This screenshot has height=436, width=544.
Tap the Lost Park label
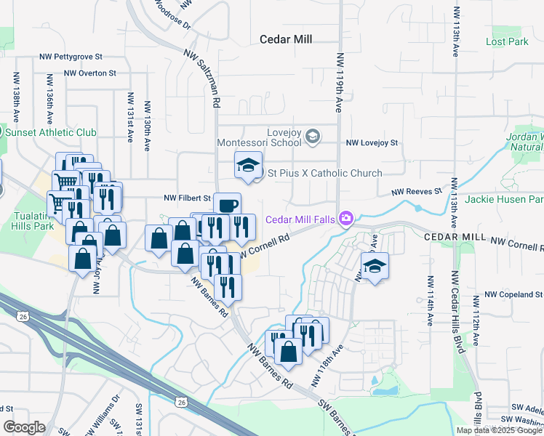pyautogui.click(x=507, y=41)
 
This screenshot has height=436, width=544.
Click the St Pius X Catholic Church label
pyautogui.click(x=325, y=173)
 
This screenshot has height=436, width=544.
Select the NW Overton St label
pyautogui.click(x=89, y=73)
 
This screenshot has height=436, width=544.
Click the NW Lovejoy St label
pyautogui.click(x=372, y=143)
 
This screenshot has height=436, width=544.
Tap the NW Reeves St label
pyautogui.click(x=417, y=191)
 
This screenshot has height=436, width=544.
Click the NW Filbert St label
pyautogui.click(x=187, y=198)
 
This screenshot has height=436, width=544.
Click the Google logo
pyautogui.click(x=24, y=427)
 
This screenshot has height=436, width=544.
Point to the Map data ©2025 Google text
pyautogui.click(x=498, y=430)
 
